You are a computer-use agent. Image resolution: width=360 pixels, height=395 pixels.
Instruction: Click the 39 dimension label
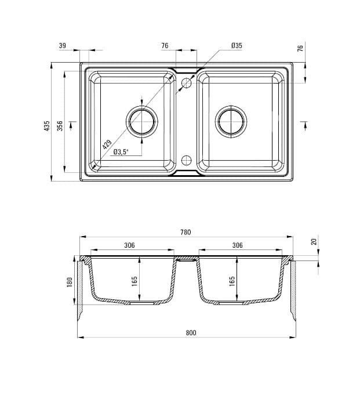(x=62, y=45)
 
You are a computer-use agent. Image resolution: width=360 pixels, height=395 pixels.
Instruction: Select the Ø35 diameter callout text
(x=236, y=45)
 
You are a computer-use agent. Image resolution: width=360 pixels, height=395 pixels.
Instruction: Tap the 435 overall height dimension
(x=47, y=126)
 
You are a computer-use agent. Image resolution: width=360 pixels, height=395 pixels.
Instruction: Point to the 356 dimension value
(x=60, y=126)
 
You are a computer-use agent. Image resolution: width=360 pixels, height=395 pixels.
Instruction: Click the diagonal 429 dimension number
(x=107, y=145)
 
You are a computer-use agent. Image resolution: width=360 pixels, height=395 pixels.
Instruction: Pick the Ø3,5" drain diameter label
(x=121, y=152)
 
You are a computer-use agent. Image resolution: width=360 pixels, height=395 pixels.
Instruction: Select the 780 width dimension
(x=185, y=233)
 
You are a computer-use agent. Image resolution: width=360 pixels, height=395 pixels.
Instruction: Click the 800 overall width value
(x=191, y=333)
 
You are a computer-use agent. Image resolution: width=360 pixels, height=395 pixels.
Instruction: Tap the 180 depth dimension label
(x=70, y=282)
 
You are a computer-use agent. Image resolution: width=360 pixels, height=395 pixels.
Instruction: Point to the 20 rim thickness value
(x=314, y=241)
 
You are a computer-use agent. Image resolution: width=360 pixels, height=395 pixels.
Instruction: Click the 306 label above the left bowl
(x=129, y=245)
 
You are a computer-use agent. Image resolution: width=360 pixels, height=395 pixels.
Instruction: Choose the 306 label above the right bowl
(x=237, y=245)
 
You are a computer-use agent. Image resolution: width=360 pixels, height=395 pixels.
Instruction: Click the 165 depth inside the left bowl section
(x=134, y=281)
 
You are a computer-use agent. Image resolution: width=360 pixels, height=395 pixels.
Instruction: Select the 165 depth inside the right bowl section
(x=232, y=281)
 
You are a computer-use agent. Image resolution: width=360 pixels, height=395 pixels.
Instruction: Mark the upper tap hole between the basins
(x=186, y=84)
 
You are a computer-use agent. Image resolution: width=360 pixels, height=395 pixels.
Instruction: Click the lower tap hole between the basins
(x=186, y=160)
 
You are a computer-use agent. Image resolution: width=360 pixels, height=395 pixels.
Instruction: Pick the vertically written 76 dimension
(x=300, y=49)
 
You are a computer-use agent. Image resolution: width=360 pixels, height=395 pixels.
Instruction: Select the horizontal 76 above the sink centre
(x=165, y=45)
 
